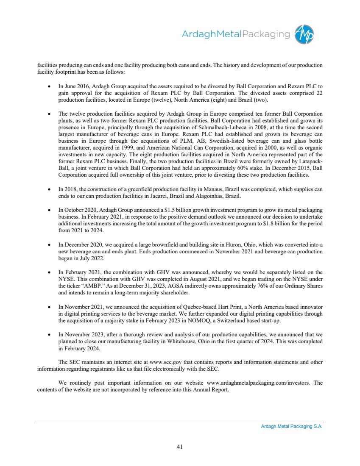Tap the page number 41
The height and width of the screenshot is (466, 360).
(180, 446)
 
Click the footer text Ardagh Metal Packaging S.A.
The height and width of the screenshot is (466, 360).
(292, 427)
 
